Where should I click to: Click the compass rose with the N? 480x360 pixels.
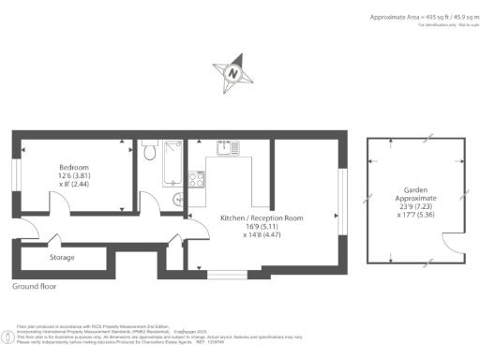[231, 72]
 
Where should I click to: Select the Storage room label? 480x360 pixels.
[63, 257]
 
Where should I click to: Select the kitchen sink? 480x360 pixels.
[223, 148]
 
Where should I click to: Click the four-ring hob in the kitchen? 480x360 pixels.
[197, 179]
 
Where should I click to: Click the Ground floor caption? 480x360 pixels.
[35, 286]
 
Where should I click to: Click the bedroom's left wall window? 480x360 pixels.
[15, 177]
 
